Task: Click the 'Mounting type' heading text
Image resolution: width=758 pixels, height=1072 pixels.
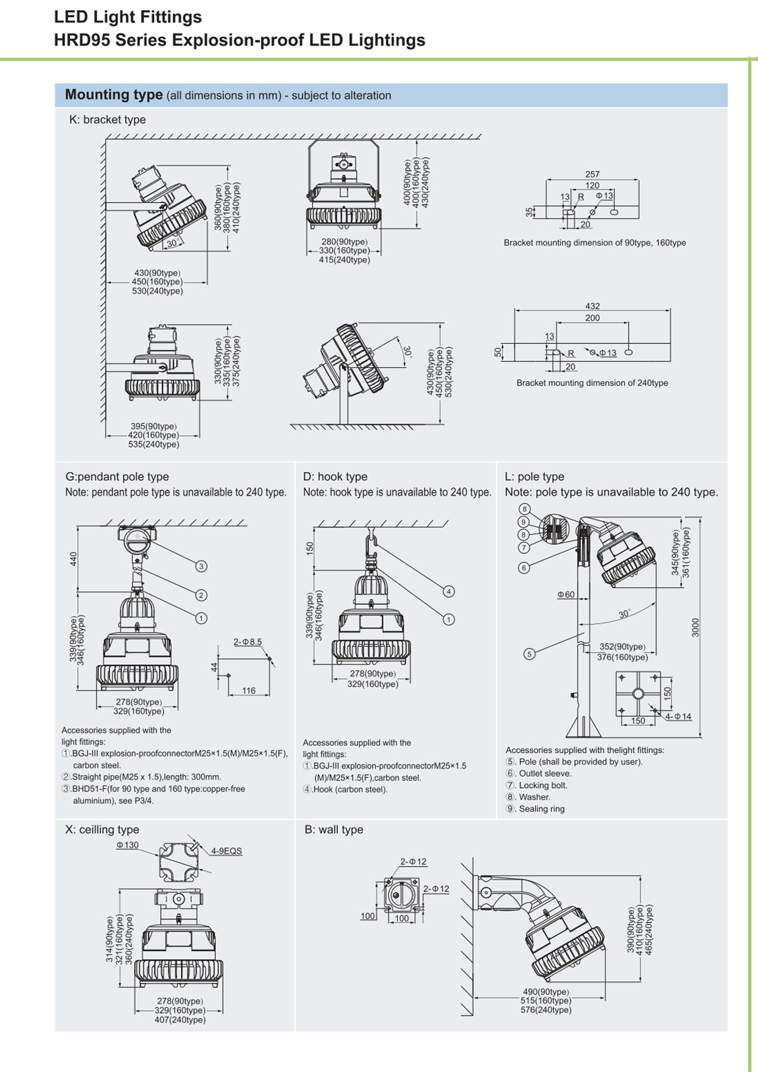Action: pyautogui.click(x=114, y=95)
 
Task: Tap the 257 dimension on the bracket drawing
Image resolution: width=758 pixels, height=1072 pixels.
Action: pyautogui.click(x=592, y=174)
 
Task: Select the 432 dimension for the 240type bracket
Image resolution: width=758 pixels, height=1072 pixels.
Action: pyautogui.click(x=592, y=306)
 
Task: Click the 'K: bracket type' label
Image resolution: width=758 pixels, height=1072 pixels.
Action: pyautogui.click(x=108, y=120)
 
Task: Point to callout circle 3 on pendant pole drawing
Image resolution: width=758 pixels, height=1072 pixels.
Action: pyautogui.click(x=201, y=566)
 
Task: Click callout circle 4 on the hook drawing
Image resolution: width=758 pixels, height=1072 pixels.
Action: pyautogui.click(x=448, y=591)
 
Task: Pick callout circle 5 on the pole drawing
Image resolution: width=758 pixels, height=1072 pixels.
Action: pyautogui.click(x=529, y=654)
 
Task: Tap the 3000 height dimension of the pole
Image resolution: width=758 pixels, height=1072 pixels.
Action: pyautogui.click(x=695, y=627)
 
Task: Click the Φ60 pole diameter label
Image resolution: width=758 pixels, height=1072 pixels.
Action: pyautogui.click(x=566, y=594)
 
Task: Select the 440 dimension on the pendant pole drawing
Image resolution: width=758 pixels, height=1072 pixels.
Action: pyautogui.click(x=74, y=558)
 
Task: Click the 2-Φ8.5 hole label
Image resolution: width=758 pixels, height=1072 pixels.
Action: pyautogui.click(x=247, y=642)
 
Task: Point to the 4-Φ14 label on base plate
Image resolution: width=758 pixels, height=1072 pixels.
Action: pyautogui.click(x=678, y=716)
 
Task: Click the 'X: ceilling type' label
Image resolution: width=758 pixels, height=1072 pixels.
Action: pyautogui.click(x=102, y=830)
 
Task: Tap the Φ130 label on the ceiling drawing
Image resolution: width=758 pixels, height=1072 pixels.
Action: pyautogui.click(x=128, y=845)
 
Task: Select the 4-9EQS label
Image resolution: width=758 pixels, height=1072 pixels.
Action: pyautogui.click(x=227, y=851)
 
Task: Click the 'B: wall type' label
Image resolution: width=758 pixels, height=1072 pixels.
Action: pyautogui.click(x=333, y=830)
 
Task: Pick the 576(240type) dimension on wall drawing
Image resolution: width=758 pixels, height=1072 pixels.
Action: pyautogui.click(x=545, y=1010)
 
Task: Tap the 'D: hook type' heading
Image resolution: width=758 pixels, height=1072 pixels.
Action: pyautogui.click(x=335, y=476)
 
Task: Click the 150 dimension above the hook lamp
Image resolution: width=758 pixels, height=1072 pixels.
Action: pyautogui.click(x=310, y=548)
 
